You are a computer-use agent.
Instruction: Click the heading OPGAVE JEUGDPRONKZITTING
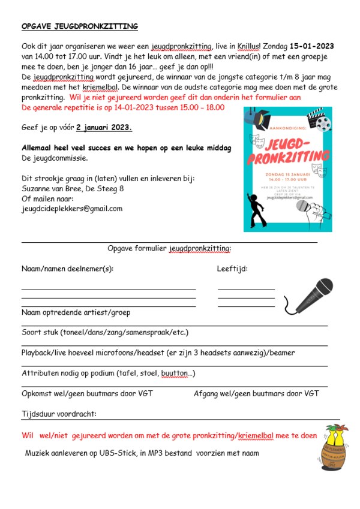[80, 27]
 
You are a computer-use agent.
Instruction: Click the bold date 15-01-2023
[311, 46]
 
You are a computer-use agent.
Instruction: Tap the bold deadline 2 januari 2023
[104, 128]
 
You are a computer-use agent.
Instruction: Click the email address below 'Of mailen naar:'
[71, 209]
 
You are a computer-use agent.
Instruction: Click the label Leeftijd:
[232, 269]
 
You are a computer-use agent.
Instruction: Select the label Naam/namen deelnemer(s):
[67, 269]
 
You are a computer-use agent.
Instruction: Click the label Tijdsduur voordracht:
[59, 414]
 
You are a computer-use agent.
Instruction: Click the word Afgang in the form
[207, 394]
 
